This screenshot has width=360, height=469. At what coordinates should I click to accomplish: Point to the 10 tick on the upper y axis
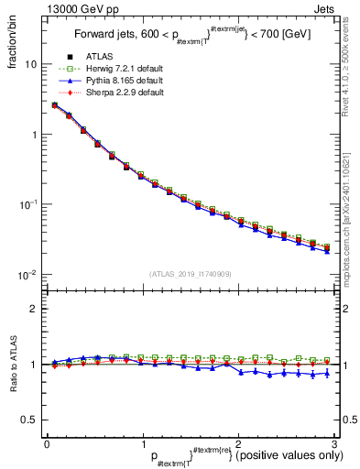(30, 65)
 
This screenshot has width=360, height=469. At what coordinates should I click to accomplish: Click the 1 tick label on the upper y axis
(34, 135)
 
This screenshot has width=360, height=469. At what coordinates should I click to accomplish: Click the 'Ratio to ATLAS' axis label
(12, 365)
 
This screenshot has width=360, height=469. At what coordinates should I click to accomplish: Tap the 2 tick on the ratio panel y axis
(34, 309)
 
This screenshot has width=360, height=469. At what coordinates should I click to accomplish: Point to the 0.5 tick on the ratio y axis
(29, 420)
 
